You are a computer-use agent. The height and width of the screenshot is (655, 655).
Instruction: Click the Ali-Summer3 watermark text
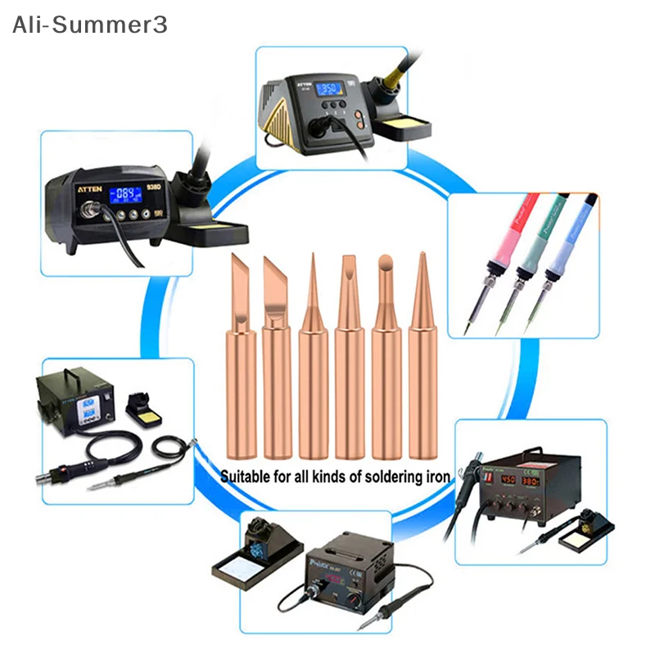90,25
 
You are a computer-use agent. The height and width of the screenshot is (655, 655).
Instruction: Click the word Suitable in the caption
248,476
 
